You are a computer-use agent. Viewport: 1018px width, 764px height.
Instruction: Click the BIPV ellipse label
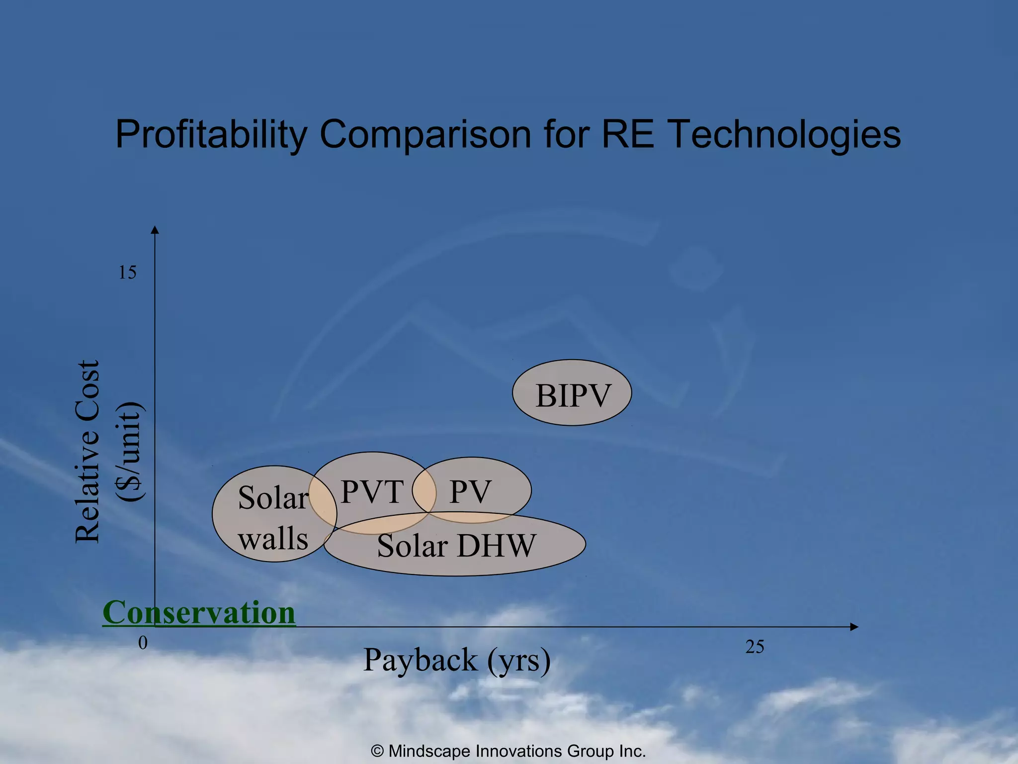[x=573, y=396]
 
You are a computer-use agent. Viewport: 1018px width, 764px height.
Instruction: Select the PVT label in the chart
[x=372, y=492]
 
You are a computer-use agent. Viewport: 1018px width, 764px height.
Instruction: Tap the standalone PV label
[x=470, y=492]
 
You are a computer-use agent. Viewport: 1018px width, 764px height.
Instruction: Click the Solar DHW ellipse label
[x=456, y=546]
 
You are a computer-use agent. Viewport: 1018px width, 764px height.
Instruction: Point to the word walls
[x=273, y=539]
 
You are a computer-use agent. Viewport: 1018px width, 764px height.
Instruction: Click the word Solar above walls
[x=273, y=497]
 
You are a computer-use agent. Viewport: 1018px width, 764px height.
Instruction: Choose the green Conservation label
[x=199, y=612]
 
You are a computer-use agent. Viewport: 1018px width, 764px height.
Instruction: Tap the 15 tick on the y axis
[x=127, y=273]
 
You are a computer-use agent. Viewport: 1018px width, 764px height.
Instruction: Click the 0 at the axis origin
[x=143, y=643]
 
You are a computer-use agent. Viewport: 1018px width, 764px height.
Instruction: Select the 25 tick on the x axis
[x=755, y=647]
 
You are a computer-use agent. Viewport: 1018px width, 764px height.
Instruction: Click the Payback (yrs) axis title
[x=457, y=661]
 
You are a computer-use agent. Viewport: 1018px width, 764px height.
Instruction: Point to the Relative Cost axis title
[x=88, y=452]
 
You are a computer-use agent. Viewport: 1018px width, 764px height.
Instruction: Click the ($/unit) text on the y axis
[x=130, y=452]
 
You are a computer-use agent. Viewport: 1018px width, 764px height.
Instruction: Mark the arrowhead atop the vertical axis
[x=155, y=229]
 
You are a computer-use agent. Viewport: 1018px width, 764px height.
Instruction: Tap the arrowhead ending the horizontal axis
[x=854, y=627]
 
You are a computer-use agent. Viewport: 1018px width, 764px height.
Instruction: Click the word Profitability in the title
[x=211, y=134]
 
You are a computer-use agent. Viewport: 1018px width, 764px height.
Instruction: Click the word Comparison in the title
[x=425, y=134]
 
